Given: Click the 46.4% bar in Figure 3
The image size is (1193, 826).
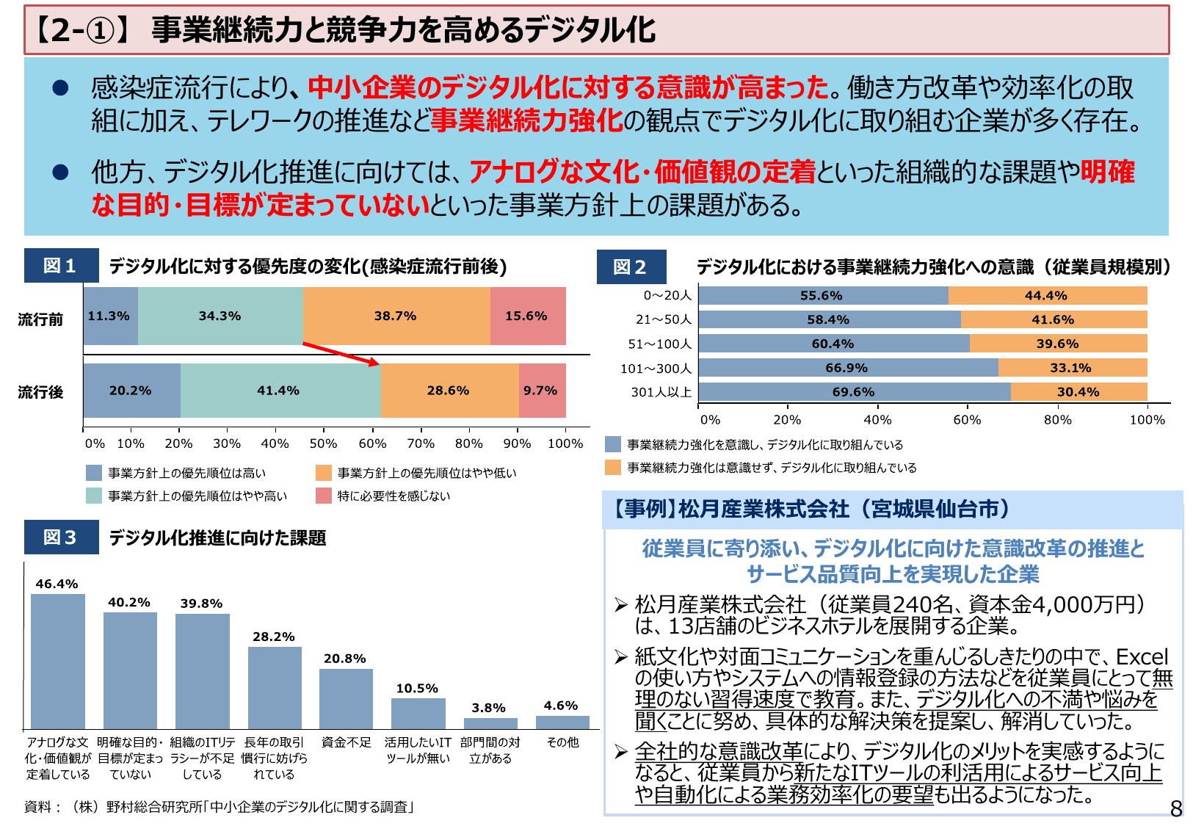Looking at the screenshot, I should [x=58, y=661].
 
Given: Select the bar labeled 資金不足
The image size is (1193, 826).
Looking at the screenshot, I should [x=346, y=698].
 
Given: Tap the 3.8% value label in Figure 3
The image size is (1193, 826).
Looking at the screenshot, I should [x=488, y=708].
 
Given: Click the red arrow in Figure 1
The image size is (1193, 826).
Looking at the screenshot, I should [x=341, y=353].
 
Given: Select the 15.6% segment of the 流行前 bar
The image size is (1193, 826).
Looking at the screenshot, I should [x=527, y=316].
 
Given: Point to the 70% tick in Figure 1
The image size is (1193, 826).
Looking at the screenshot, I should [x=421, y=443].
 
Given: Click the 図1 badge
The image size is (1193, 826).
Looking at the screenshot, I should [x=61, y=266].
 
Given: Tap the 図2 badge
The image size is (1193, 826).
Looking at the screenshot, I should [x=631, y=267].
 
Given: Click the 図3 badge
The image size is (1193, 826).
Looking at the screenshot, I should [x=61, y=537].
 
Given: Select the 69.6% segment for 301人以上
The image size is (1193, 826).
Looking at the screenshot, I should [x=854, y=392].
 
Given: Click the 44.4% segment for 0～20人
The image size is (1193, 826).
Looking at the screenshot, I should [x=1047, y=296].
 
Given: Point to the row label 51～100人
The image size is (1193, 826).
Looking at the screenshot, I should [x=659, y=344].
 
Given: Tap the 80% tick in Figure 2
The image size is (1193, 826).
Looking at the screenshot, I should [x=1057, y=420].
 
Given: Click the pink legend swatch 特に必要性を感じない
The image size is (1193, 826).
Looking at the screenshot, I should [x=324, y=496].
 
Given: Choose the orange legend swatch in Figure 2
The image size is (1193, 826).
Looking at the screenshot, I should [x=613, y=468].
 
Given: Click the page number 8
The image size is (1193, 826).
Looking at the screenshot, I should [x=1175, y=808].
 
